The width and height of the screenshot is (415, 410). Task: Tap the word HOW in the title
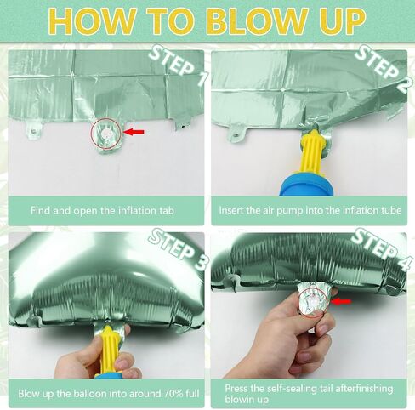[93, 21]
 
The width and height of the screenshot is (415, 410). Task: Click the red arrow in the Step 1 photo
[134, 132]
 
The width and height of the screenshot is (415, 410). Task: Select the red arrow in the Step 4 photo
[341, 301]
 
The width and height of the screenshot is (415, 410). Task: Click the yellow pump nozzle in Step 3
[108, 350]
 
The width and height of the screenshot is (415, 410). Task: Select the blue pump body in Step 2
[306, 185]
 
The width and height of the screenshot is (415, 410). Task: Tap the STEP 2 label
[382, 70]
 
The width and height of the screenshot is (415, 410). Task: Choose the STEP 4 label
[381, 249]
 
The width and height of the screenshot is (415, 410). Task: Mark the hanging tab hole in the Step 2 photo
[236, 136]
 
